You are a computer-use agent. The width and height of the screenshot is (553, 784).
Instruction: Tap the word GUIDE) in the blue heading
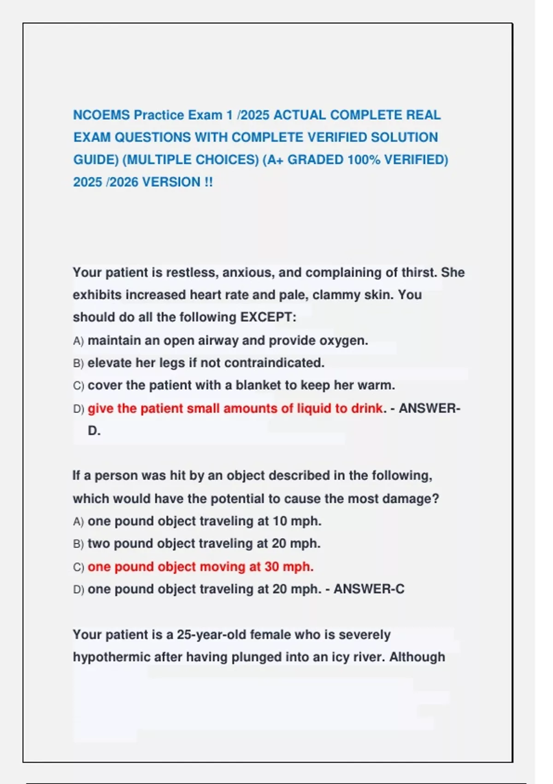point(96,160)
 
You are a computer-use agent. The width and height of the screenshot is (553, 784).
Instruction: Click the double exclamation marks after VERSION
point(208,182)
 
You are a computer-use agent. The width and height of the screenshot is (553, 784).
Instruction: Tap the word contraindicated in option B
point(274,363)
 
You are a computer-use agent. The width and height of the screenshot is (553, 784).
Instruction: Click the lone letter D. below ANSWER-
point(94,431)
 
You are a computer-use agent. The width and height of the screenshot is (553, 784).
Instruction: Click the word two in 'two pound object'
point(99,543)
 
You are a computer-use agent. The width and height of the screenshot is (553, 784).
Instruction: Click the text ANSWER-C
point(369,589)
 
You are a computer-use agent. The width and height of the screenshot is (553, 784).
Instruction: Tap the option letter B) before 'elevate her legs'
point(78,363)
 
